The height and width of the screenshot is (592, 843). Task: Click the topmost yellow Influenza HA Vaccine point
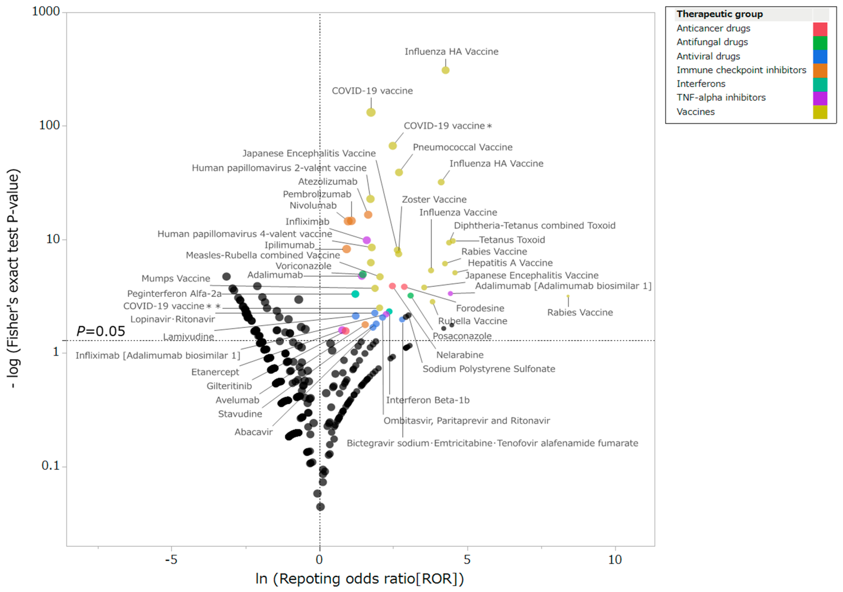tap(445, 70)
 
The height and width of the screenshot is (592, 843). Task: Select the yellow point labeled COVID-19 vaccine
tap(371, 112)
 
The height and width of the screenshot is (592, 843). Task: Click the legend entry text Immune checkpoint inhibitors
tap(741, 70)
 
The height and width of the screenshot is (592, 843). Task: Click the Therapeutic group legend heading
tap(720, 14)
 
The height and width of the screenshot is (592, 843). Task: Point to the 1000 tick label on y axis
tap(46, 11)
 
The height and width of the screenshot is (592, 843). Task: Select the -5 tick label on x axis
tap(171, 559)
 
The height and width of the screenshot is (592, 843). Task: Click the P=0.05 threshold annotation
tap(101, 331)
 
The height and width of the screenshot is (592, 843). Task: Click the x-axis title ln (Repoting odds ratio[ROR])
tap(359, 579)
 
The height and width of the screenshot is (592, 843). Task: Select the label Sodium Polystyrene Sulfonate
tap(488, 369)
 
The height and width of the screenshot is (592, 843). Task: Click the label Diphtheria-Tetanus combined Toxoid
tap(534, 225)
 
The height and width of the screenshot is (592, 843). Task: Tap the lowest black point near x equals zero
tap(320, 507)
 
